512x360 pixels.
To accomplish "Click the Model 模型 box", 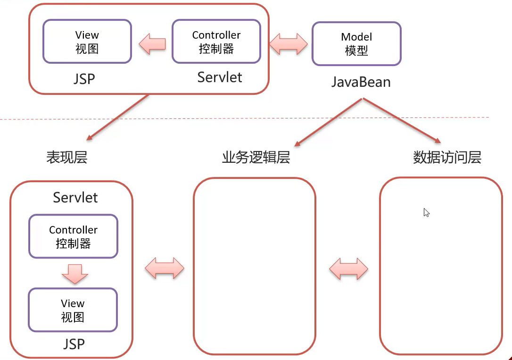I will coord(356,43).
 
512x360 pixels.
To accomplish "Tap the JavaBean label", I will coord(361,82).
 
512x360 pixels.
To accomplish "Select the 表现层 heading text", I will coord(67,157).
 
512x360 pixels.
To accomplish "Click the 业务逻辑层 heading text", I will coord(256,157).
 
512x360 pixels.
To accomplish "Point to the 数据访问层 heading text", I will coord(447,157).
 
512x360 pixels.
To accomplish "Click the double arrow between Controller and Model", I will coord(289,44).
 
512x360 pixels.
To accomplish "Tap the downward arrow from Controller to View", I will coord(74,273).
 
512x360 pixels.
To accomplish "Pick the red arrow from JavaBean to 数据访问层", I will coord(401,121).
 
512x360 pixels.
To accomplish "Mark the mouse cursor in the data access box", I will coord(426,212).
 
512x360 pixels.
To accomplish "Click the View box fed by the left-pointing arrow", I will coord(87,42).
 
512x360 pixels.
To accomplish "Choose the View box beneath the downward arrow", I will coord(73,310).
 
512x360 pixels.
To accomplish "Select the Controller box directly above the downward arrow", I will coord(73,236).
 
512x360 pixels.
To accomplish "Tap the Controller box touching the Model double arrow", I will coord(216,42).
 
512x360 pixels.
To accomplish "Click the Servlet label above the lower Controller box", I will coord(75,197).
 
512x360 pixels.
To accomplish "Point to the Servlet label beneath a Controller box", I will coord(220,77).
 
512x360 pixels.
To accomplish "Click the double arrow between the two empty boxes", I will coord(348,268).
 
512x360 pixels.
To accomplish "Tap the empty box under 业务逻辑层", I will coord(255,266).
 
